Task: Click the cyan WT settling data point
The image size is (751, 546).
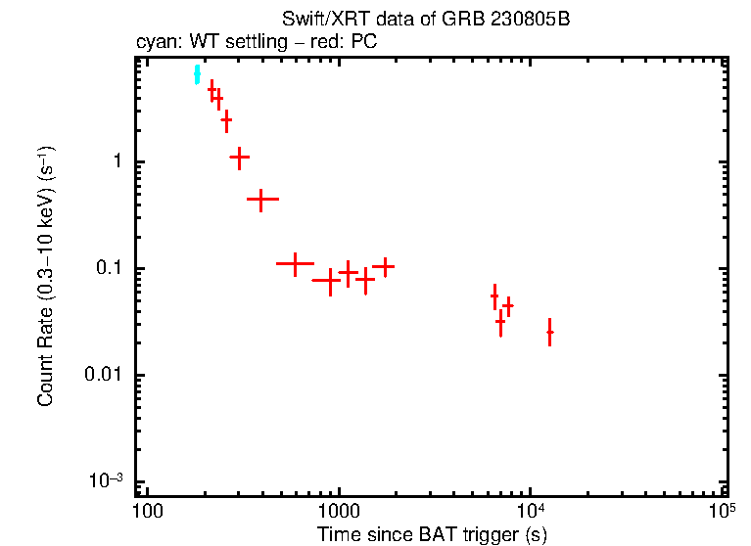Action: point(197,74)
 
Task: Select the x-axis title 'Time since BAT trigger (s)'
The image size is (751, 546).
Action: point(432,534)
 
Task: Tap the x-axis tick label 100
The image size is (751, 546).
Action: point(147,511)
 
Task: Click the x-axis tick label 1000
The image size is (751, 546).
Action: point(339,511)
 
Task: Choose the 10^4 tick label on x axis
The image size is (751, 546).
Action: point(530,511)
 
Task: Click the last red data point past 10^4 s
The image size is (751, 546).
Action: point(549,333)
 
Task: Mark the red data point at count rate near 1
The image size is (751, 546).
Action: point(239,157)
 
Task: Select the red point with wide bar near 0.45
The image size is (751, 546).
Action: point(261,199)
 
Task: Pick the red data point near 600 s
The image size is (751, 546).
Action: point(295,263)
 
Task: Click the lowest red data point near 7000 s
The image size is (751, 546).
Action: point(500,321)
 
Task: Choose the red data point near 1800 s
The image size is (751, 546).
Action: point(386,265)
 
